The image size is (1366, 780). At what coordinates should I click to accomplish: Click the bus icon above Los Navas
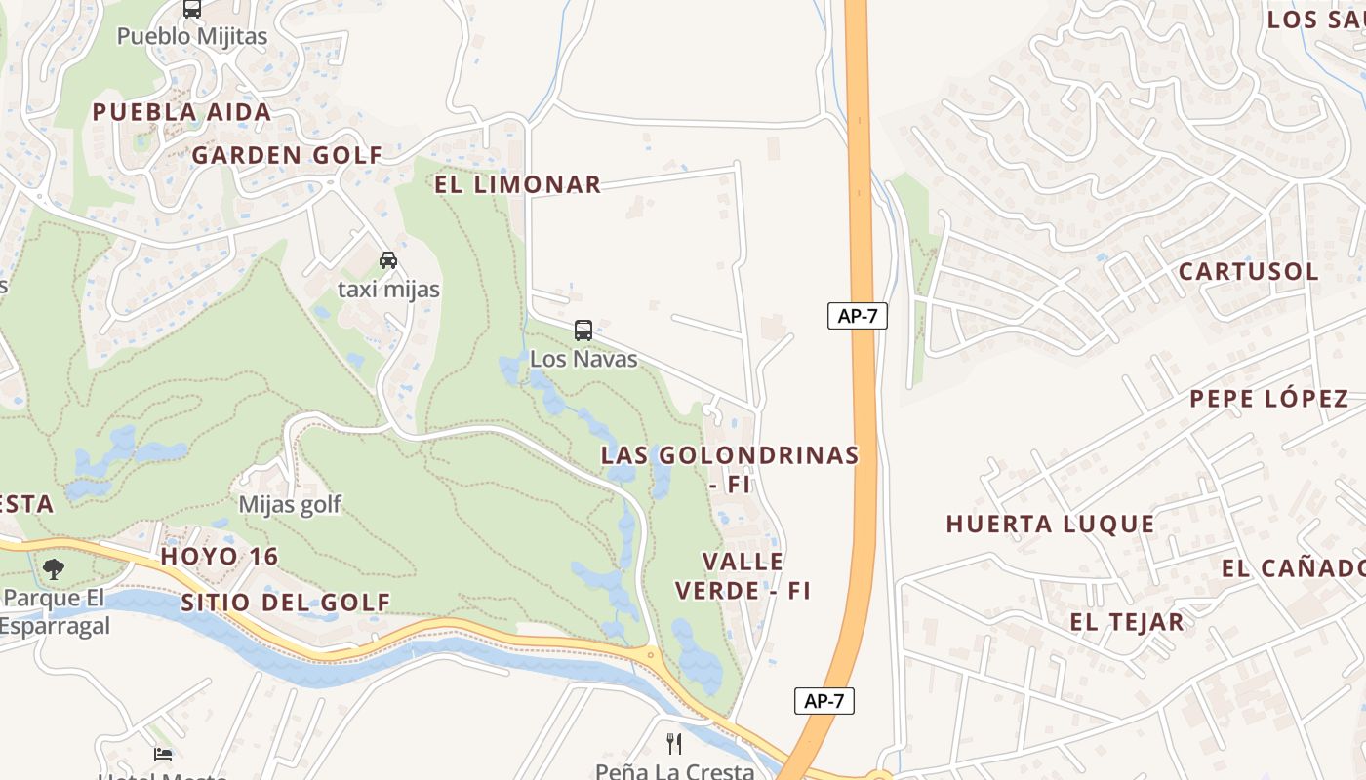point(583,331)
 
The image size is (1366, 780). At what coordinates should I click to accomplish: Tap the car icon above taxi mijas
point(388,260)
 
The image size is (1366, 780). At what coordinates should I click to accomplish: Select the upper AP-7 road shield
point(858,316)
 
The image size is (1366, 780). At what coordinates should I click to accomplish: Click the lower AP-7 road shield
point(824,701)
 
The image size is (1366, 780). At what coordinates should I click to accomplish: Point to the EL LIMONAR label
point(517,184)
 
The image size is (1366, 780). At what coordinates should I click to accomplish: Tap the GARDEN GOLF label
point(287,155)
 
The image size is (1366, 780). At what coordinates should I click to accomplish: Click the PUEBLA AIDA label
point(181,112)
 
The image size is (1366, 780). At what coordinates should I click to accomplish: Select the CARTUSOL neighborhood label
point(1248,271)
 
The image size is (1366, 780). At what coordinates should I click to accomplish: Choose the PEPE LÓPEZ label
point(1268,398)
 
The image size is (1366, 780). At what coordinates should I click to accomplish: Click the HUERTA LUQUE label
point(1050,525)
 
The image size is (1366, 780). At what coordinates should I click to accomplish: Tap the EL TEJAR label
point(1126,622)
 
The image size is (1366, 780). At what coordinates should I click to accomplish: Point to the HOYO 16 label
point(220,557)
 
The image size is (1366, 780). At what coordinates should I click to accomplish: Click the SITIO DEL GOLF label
point(286,603)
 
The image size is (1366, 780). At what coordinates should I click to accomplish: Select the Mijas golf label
point(290,504)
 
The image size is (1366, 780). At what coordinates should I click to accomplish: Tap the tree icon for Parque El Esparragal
point(54,568)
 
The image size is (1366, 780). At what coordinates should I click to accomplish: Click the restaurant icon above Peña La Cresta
point(674,744)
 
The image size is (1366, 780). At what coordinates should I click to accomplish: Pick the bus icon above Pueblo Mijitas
point(192,10)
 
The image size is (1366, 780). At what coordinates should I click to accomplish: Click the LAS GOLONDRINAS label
point(730,455)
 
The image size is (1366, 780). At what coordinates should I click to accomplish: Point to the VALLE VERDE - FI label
point(743,576)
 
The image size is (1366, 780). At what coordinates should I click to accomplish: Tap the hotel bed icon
point(163,754)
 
